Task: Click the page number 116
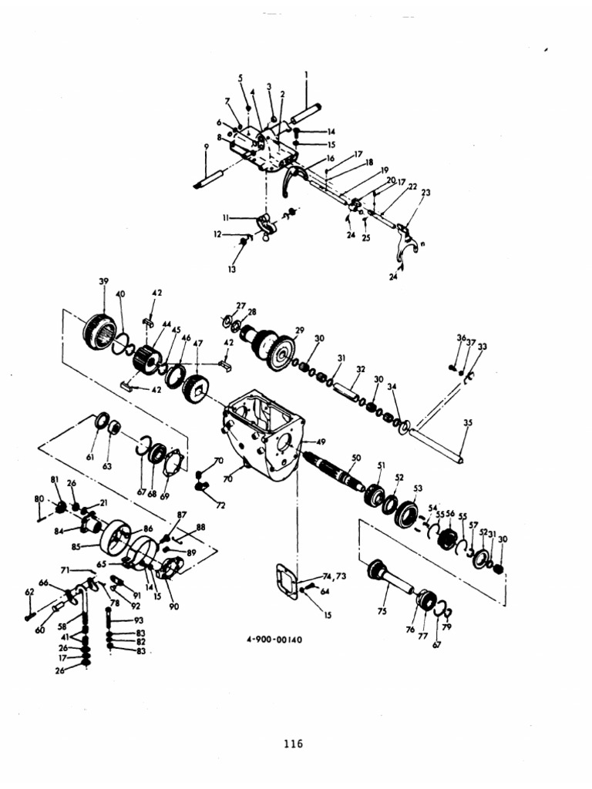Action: pos(293,744)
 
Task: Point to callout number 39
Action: pos(103,281)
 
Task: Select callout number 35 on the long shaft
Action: pos(467,422)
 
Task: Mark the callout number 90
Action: pos(174,606)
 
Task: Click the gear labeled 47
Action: pos(200,381)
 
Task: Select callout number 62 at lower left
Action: pos(29,593)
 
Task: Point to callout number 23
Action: pos(425,193)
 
